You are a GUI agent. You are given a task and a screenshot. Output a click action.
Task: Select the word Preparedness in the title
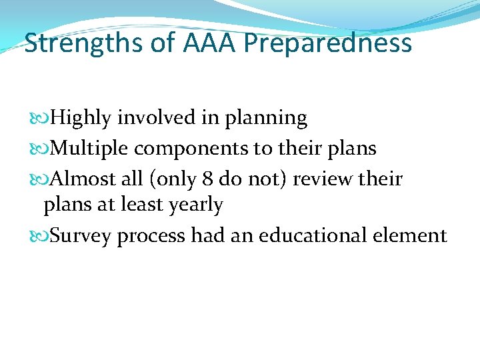pos(328,44)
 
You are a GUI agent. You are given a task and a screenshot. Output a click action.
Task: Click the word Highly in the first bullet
pos(81,119)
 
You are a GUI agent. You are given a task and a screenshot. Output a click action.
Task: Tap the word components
pos(193,149)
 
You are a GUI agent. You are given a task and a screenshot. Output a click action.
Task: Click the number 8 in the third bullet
pos(208,178)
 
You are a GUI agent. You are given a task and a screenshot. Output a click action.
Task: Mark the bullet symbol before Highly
pos(43,119)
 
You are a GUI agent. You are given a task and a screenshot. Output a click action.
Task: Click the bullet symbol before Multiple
pos(43,148)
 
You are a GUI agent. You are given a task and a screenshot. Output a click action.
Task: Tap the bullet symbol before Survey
pos(43,235)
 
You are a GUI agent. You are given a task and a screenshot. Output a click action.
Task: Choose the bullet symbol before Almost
pos(43,178)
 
